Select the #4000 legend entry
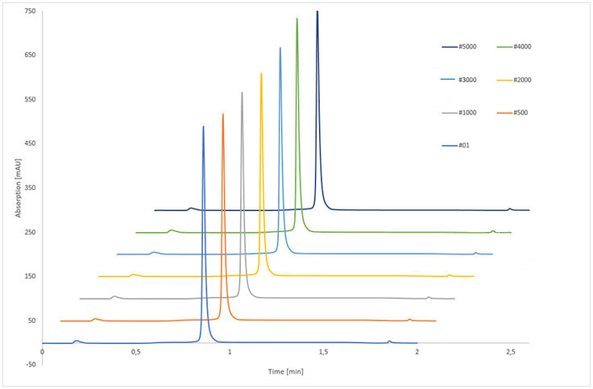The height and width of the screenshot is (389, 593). click(523, 47)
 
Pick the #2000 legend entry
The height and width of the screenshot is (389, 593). click(523, 80)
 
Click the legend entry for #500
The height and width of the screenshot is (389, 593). click(521, 113)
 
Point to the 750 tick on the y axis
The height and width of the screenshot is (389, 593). click(29, 11)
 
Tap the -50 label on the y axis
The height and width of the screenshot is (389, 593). click(29, 365)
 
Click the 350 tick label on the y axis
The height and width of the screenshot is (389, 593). click(29, 188)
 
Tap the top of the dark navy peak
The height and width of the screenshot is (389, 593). click(317, 12)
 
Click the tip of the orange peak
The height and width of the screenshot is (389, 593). click(223, 114)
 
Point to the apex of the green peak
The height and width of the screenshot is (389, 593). click(297, 19)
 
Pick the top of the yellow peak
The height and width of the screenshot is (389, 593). click(261, 73)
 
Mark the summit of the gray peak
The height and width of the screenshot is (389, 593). click(242, 93)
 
